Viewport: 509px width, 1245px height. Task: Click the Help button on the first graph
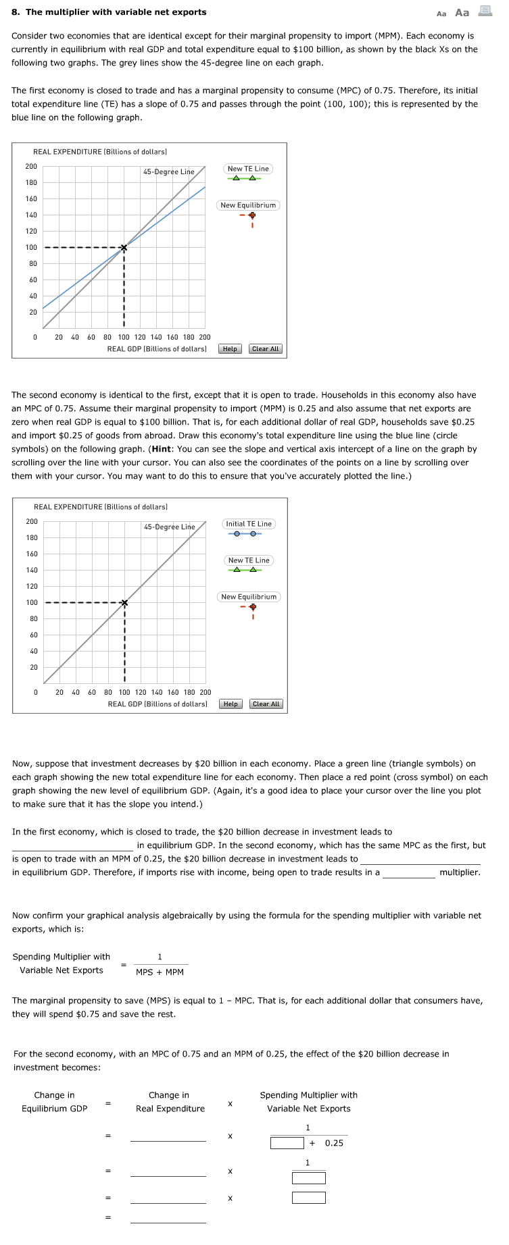pos(230,349)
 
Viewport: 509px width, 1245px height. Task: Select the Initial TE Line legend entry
pos(249,524)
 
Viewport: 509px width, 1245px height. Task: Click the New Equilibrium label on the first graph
pos(248,205)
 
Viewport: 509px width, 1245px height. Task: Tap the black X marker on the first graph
pos(124,248)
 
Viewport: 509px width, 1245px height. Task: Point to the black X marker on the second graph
pos(124,603)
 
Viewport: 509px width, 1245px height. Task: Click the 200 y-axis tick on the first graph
pos(32,167)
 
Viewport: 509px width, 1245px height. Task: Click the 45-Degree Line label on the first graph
pos(169,171)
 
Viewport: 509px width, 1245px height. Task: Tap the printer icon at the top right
pos(485,11)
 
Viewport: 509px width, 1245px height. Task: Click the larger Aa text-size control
pos(462,13)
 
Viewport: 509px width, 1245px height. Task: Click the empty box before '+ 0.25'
pos(287,1143)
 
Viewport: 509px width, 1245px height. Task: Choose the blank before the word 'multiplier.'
pos(409,872)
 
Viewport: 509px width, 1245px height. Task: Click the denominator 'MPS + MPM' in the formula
pos(160,972)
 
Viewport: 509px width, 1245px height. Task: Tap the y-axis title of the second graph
pos(101,507)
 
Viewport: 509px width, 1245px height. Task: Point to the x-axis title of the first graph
pos(157,349)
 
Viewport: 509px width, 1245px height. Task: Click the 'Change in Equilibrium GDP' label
pos(55,1102)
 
